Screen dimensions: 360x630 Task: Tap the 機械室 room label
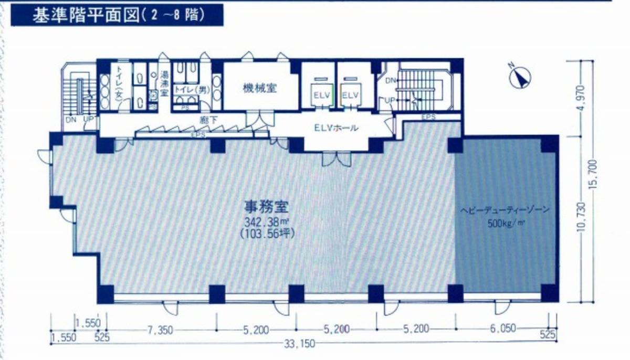259,88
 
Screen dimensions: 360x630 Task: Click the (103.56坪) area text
265,233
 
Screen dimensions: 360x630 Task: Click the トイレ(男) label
191,90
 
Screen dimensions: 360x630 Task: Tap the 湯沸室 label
164,84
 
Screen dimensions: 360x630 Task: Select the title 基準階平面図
84,15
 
